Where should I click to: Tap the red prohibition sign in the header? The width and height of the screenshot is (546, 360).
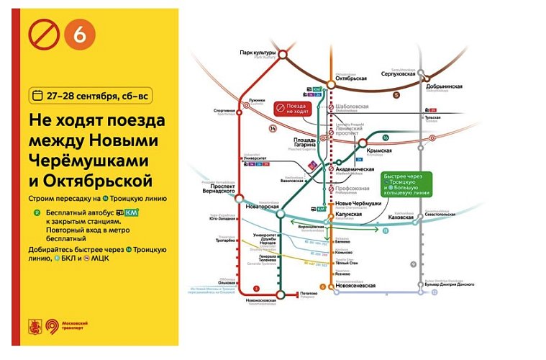tap(42, 35)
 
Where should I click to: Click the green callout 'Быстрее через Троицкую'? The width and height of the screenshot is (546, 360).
tap(407, 184)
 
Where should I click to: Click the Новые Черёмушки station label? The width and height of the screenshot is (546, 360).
tap(358, 204)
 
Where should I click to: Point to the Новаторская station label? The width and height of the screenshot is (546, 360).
tap(264, 207)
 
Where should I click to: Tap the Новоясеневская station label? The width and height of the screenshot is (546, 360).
tap(355, 285)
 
